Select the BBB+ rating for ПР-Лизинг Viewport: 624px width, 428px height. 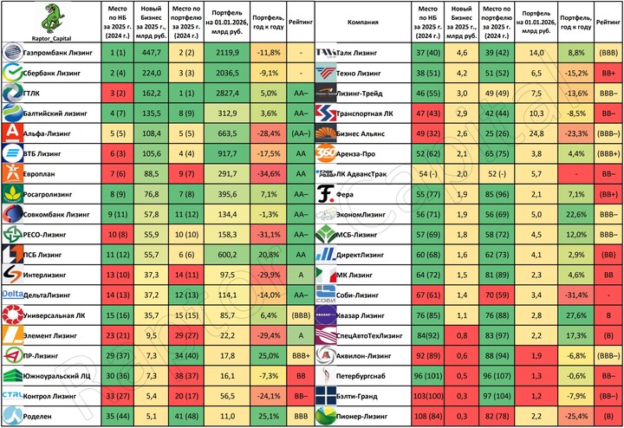(x=299, y=355)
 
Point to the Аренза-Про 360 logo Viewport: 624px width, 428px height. (x=326, y=152)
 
